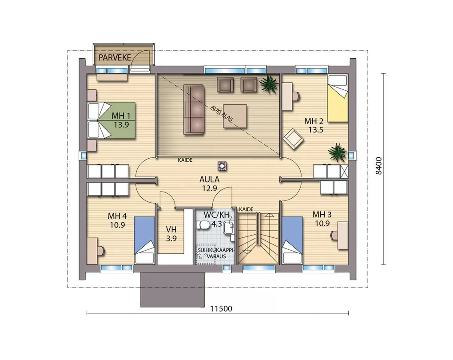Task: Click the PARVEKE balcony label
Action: (115, 57)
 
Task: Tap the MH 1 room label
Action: (121, 116)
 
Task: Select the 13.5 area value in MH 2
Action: (315, 130)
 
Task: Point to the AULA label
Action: (210, 179)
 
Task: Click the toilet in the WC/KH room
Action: (203, 225)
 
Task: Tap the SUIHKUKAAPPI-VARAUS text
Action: (215, 253)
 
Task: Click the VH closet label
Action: (171, 230)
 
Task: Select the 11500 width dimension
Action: (221, 309)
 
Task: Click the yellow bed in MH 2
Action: (337, 98)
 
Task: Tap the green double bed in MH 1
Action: (111, 120)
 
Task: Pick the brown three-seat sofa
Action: (194, 110)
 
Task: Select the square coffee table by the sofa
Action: (235, 116)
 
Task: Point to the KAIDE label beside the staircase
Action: (246, 209)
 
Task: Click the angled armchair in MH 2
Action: (293, 139)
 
